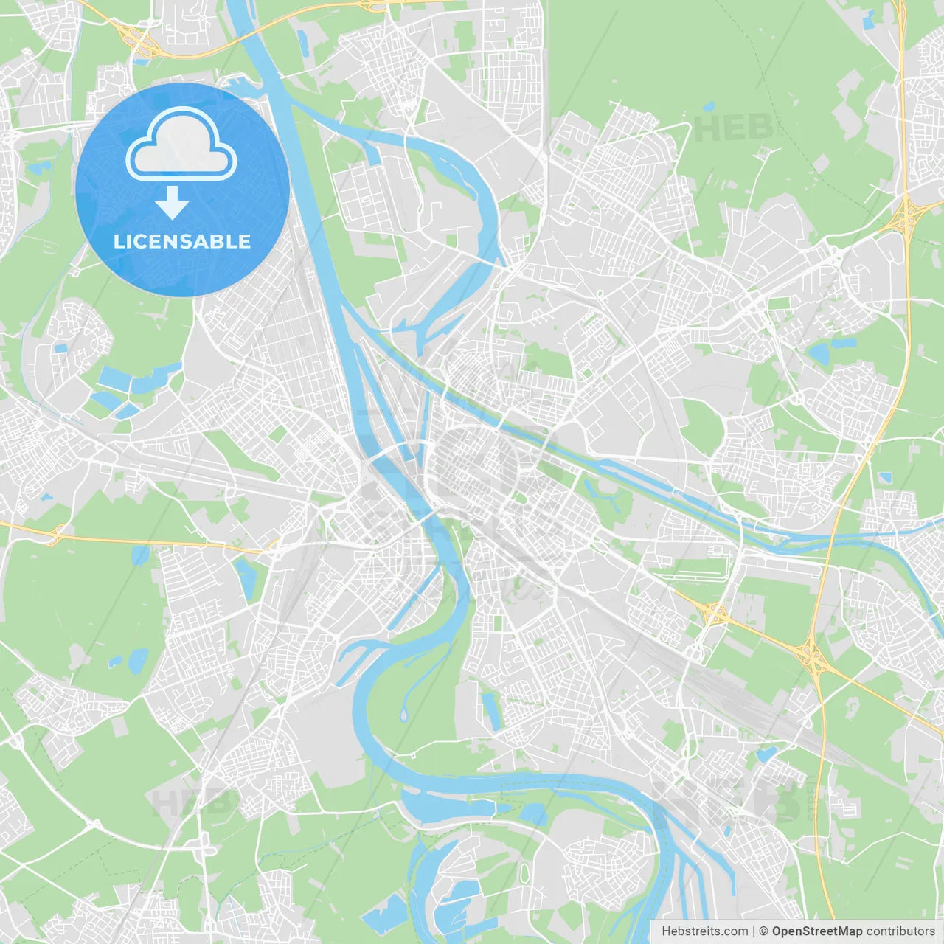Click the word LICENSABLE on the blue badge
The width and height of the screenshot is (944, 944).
pos(182,241)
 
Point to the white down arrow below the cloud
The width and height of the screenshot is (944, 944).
pos(173,202)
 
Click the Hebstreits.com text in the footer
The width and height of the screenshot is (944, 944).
pos(704,931)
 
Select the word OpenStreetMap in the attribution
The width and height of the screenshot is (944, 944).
pos(816,931)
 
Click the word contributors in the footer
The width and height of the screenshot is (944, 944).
pos(900,931)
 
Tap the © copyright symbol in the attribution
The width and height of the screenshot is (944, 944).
pos(764,931)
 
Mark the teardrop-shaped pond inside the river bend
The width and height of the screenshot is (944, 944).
pos(403,713)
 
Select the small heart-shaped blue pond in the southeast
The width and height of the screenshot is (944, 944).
pos(766,754)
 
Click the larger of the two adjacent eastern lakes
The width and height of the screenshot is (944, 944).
pos(820,354)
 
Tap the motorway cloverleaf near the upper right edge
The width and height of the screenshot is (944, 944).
pos(906,215)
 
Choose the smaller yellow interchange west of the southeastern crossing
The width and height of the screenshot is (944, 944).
pos(713,611)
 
